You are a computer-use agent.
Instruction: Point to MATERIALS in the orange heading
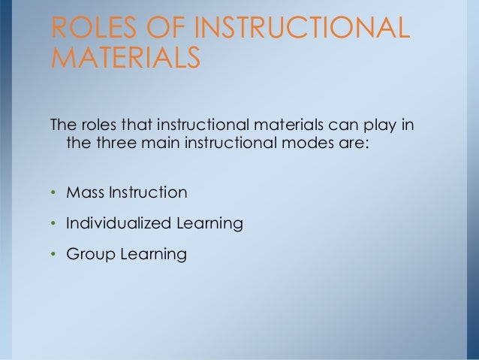click(125, 58)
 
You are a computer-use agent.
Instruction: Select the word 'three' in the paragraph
click(114, 142)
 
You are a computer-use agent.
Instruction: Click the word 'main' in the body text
click(158, 142)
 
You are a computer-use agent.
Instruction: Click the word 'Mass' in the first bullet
click(84, 192)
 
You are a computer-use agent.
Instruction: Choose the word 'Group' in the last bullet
click(89, 255)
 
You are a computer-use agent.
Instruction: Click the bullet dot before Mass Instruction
click(53, 193)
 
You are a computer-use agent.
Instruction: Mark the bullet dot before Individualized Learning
click(53, 224)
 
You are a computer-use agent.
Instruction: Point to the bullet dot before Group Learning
click(53, 256)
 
